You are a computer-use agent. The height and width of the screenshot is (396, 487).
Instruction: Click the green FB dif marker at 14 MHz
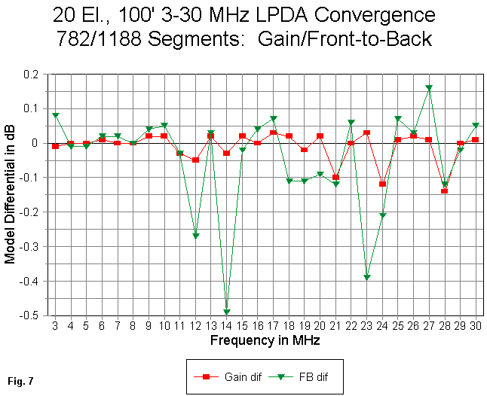tap(226, 312)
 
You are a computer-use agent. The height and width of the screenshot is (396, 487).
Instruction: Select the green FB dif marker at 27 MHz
tap(428, 88)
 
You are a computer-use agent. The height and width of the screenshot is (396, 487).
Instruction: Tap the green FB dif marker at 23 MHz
tap(366, 277)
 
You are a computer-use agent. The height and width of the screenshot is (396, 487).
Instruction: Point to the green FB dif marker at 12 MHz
tap(195, 236)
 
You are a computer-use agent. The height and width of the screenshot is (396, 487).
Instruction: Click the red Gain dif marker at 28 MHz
tap(444, 191)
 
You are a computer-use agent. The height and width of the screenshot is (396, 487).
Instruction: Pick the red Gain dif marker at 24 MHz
tap(382, 184)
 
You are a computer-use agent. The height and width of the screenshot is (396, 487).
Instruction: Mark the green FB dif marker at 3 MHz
tap(55, 115)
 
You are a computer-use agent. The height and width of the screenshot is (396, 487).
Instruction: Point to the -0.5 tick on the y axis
tap(35, 315)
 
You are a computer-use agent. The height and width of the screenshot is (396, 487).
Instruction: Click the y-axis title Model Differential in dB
tap(11, 194)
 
